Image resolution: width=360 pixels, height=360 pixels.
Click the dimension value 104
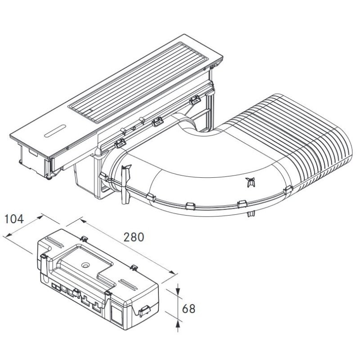coord(14,219)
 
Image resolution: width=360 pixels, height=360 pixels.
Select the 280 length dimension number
coord(134,237)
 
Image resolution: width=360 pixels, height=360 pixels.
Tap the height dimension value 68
coord(189,309)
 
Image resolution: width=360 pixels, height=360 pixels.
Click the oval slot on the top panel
coord(55,131)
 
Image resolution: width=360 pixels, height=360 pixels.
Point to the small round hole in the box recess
coord(85,265)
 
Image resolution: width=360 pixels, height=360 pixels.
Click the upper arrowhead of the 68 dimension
coord(178,290)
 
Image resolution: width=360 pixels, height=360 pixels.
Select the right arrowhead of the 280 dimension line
coord(172,272)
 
